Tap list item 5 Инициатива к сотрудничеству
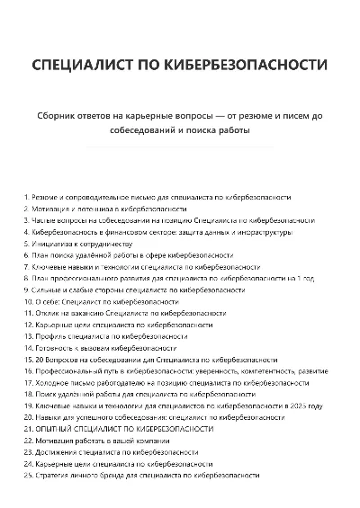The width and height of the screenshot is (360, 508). (81, 243)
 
